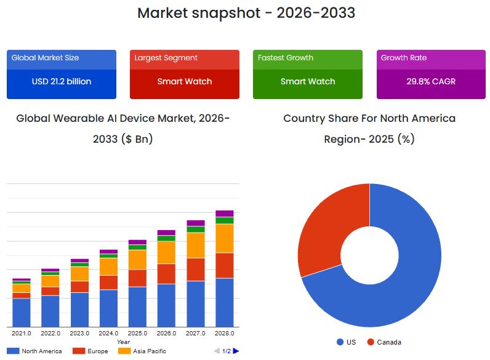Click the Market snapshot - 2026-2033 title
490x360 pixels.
point(246,12)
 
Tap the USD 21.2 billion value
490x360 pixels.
point(61,81)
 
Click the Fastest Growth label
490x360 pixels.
point(286,58)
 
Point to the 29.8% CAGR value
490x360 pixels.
point(431,81)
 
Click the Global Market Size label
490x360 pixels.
point(46,58)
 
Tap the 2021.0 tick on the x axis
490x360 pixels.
point(22,334)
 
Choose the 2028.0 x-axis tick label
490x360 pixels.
point(225,334)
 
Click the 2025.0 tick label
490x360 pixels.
point(137,334)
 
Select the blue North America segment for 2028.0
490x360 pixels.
point(225,302)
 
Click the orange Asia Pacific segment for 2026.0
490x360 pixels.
point(166,252)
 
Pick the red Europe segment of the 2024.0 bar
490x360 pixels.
point(108,282)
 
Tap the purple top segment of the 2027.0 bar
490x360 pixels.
point(196,223)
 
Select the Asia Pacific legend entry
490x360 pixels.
point(137,351)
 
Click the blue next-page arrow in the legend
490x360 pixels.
point(236,351)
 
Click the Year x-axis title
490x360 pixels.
point(123,342)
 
